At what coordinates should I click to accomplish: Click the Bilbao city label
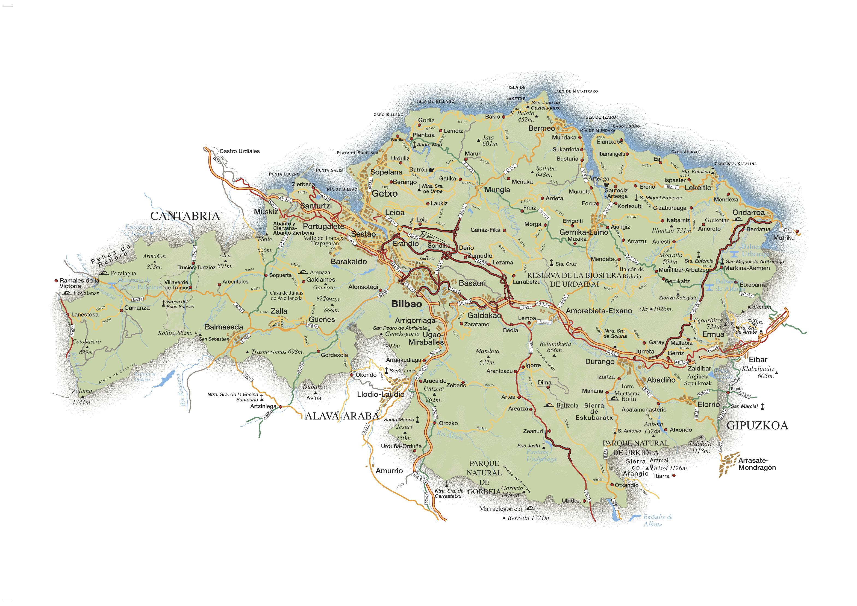pos(407,304)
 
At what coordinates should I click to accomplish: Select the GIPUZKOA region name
pos(757,426)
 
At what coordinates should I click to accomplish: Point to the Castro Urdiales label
pos(239,151)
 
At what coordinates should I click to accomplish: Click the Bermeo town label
pos(541,128)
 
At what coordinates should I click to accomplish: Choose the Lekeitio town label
pos(698,188)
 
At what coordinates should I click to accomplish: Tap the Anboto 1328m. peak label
pos(653,427)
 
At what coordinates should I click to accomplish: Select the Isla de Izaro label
pos(600,117)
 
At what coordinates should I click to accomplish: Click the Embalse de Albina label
pos(657,520)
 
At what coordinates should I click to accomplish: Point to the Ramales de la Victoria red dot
pos(56,280)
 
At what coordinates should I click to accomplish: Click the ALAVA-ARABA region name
pos(342,416)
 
